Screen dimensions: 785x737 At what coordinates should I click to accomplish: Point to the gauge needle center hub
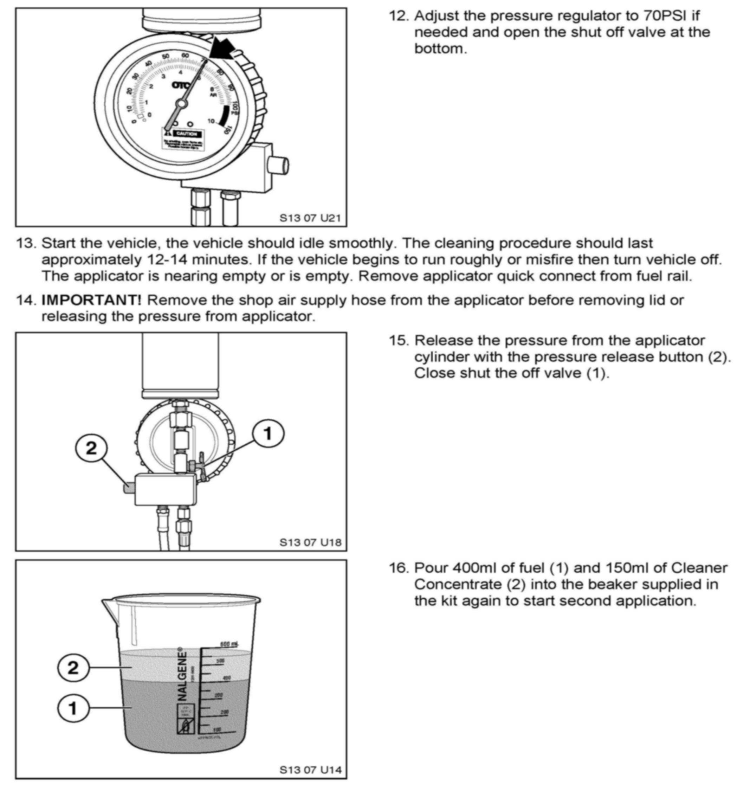point(181,104)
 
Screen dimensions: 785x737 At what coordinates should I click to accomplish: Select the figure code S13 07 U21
point(310,218)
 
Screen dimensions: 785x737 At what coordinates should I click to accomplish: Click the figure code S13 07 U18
point(310,542)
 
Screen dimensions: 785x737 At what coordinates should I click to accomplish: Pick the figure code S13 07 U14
point(310,770)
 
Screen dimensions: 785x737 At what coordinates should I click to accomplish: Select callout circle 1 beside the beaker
point(73,709)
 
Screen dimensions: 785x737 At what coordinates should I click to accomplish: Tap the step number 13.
point(26,243)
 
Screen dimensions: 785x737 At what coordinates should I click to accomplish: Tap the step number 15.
point(400,341)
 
